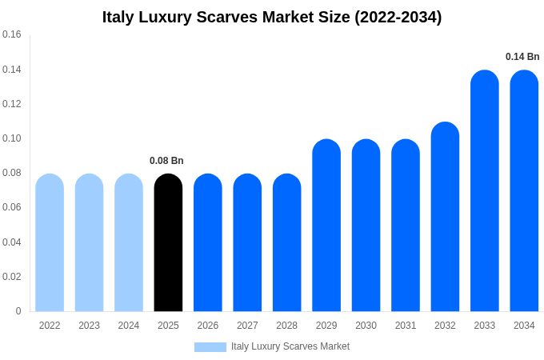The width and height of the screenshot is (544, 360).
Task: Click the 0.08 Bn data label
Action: [166, 161]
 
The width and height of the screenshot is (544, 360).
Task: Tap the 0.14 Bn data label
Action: [522, 57]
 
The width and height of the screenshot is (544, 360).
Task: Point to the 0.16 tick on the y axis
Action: [12, 35]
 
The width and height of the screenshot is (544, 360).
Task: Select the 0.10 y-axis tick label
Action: [12, 138]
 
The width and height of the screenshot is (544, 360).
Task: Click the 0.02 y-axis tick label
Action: [12, 277]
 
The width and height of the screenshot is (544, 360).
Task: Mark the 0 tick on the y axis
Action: [18, 311]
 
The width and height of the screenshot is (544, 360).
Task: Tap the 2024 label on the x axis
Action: [129, 326]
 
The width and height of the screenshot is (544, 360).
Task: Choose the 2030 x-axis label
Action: [366, 326]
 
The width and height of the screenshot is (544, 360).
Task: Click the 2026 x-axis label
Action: [208, 326]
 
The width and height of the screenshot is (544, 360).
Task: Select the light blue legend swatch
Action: [210, 346]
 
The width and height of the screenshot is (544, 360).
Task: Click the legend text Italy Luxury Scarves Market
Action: [290, 346]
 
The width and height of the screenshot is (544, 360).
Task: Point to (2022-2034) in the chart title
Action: [398, 17]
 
